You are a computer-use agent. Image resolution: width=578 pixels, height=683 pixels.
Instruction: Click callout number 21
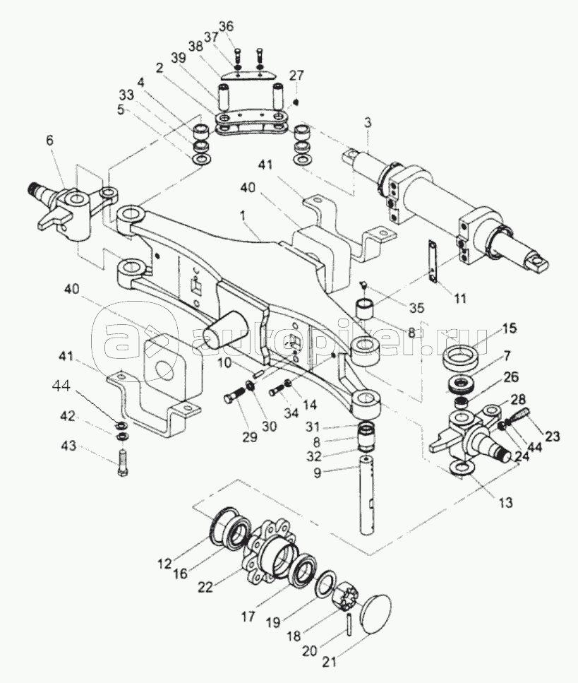(329, 673)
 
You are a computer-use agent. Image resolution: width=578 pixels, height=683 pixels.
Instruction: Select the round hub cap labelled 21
(375, 614)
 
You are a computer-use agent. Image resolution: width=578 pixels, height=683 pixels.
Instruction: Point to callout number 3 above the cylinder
(368, 124)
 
